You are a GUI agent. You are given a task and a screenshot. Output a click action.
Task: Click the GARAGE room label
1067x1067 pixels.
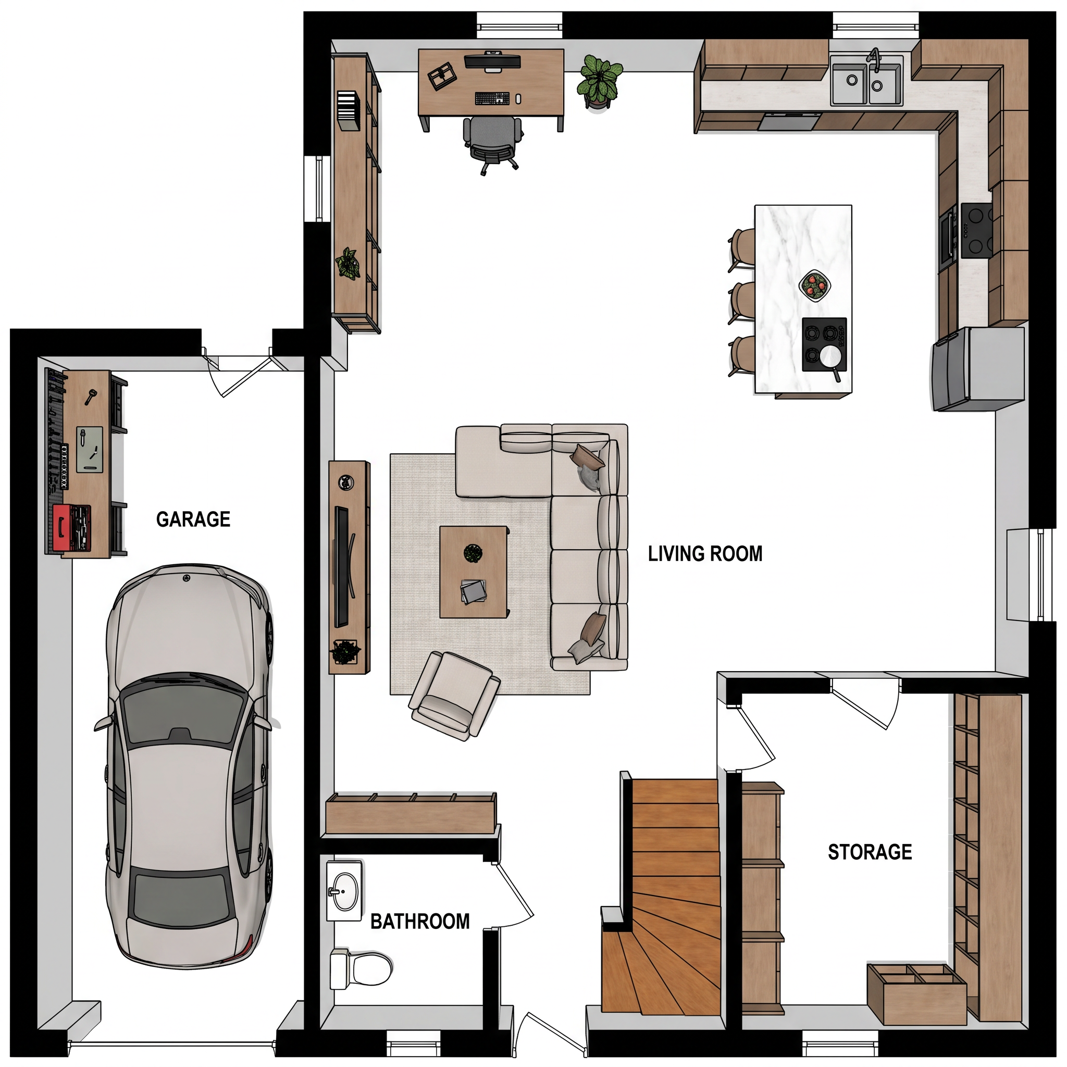pos(193,519)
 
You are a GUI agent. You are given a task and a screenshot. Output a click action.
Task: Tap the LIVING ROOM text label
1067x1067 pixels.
pos(705,554)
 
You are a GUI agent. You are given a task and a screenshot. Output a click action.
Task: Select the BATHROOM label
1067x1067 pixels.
pos(420,921)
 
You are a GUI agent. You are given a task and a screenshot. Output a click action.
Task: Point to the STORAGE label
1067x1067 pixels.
pos(870,852)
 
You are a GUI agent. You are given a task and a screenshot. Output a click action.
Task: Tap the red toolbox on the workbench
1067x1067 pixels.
pos(72,528)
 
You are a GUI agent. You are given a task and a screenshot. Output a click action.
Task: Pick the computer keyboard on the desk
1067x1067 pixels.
pos(492,98)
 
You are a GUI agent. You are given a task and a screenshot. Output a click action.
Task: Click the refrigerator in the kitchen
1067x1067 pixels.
pos(978,368)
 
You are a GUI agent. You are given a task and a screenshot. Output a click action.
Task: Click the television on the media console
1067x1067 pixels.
pos(343,566)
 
